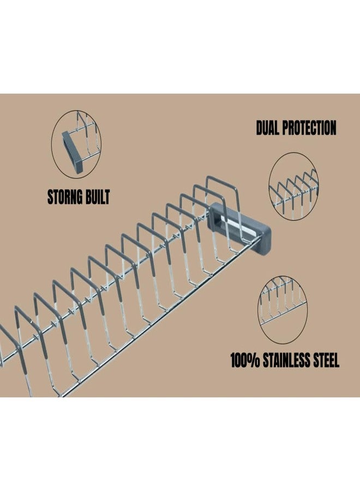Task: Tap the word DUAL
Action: pos(267,128)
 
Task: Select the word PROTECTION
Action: pos(309,128)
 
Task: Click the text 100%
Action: pos(245,360)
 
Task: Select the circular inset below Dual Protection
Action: pos(293,187)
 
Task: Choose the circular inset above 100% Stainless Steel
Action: pos(283,310)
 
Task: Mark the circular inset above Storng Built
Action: pos(76,145)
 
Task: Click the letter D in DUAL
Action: pos(259,128)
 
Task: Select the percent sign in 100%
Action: pos(255,360)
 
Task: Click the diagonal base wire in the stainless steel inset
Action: pos(283,313)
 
